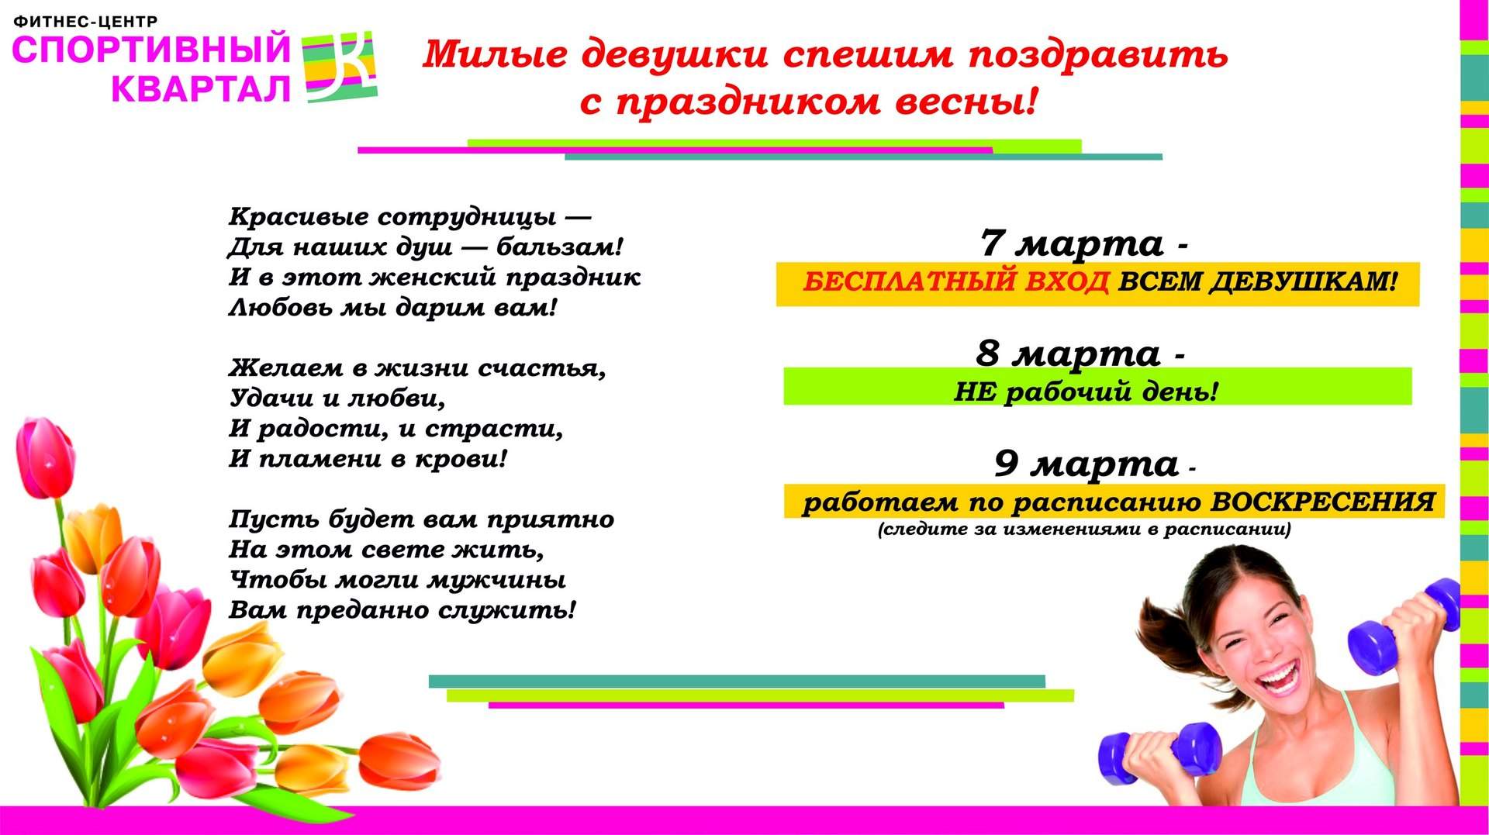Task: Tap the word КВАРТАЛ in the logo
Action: [x=201, y=90]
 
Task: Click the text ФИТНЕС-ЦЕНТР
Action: [x=85, y=22]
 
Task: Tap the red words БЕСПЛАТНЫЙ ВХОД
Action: [x=955, y=281]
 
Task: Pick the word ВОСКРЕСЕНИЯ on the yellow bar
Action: [x=1323, y=502]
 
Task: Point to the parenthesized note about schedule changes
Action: [x=1084, y=530]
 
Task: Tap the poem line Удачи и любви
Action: [x=337, y=399]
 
